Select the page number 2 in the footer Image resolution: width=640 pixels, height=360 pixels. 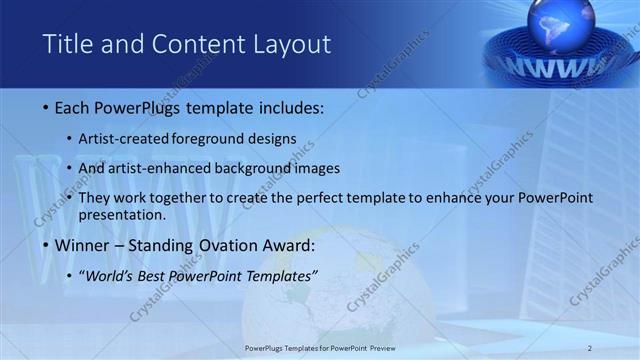coord(590,348)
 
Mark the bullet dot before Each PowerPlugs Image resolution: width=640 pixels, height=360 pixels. coord(47,106)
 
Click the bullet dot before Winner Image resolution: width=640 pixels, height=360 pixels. coord(47,245)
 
